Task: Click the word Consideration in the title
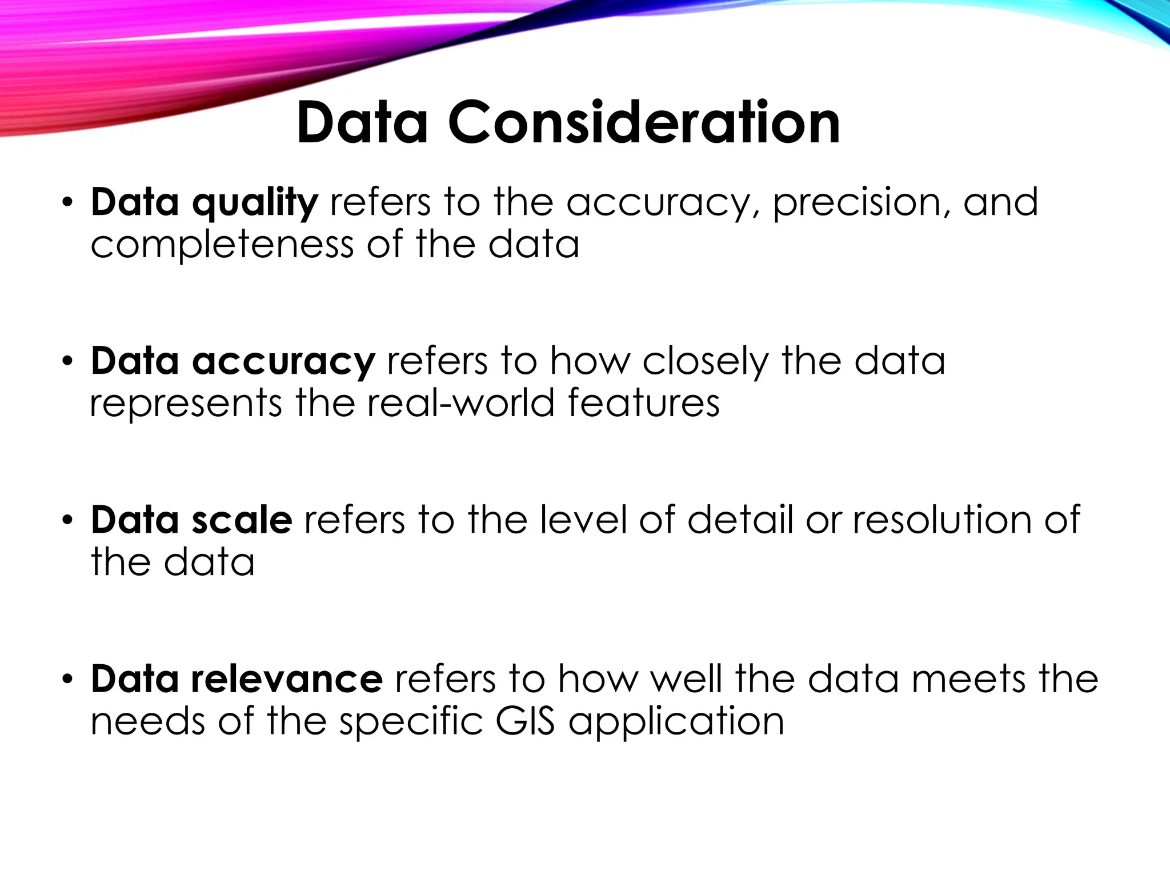tap(644, 123)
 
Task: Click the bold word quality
tap(255, 203)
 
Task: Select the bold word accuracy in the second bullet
tap(283, 362)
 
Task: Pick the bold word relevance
tap(287, 679)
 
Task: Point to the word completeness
tap(222, 245)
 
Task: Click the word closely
tap(706, 362)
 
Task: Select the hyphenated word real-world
tap(460, 403)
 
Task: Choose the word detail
tap(740, 520)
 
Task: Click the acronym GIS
tap(525, 721)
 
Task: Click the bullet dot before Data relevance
tap(67, 680)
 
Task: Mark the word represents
tap(186, 404)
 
